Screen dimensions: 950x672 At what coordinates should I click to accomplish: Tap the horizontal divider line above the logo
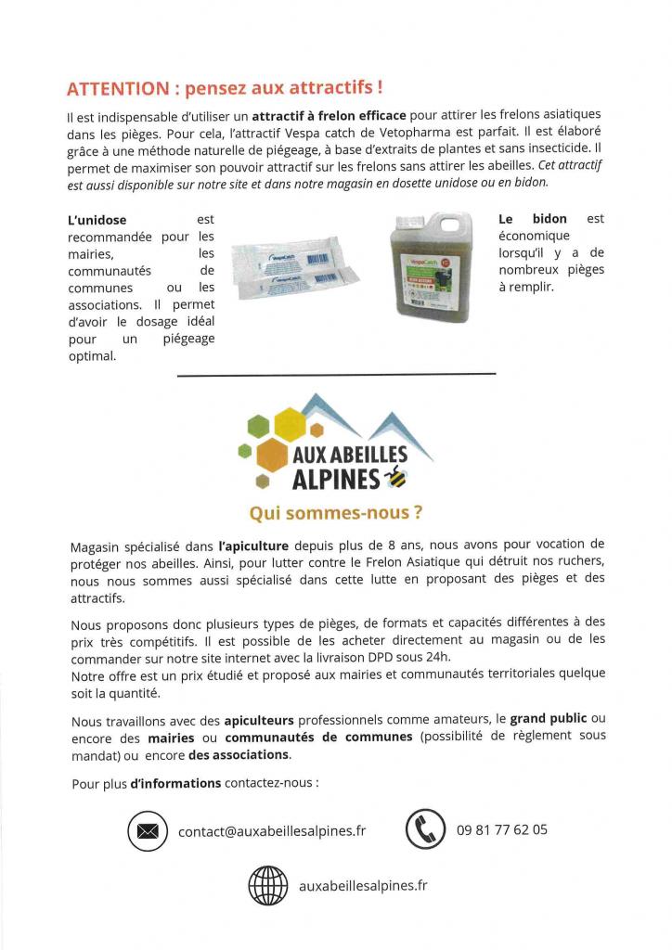pyautogui.click(x=335, y=375)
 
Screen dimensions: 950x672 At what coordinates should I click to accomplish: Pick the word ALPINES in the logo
pyautogui.click(x=337, y=479)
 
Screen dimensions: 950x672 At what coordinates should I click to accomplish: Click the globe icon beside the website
pyautogui.click(x=269, y=885)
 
